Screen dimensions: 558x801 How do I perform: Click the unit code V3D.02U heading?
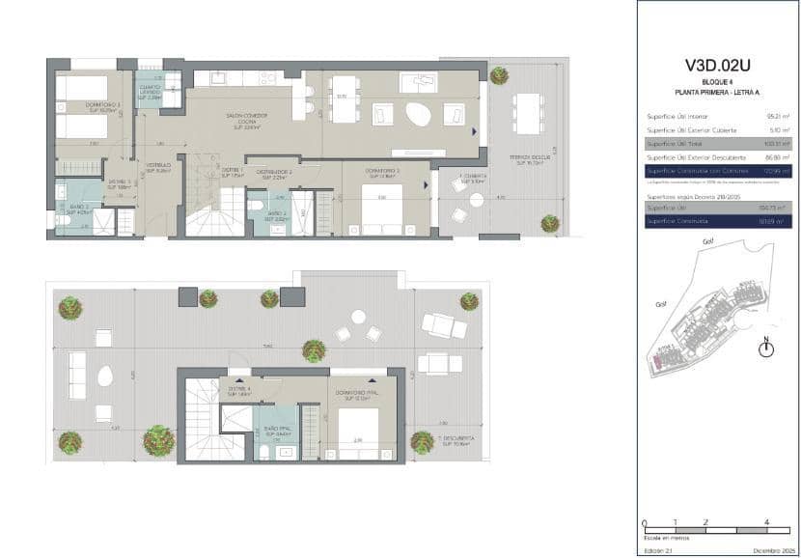point(717,66)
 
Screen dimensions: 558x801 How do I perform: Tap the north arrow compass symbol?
point(766,349)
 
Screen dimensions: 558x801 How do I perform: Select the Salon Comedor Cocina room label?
point(246,119)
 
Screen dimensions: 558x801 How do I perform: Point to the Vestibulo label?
point(158,168)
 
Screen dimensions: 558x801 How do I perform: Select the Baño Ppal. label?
point(278,432)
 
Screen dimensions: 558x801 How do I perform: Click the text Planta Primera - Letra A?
point(717,91)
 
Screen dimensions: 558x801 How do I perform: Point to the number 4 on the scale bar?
point(765,522)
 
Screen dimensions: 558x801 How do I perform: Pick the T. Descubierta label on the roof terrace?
point(453,442)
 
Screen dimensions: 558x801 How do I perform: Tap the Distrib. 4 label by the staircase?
point(239,392)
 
